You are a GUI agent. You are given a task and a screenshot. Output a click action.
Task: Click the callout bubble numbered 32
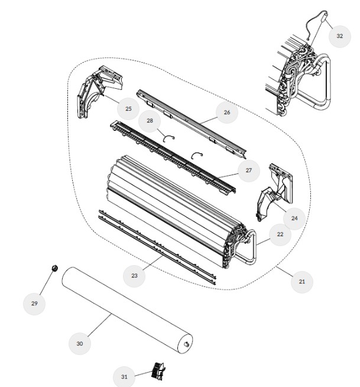click(x=339, y=36)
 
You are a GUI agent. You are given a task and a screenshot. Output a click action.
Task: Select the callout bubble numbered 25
click(x=128, y=109)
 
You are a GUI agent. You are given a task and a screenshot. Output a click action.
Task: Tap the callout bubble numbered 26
click(x=227, y=112)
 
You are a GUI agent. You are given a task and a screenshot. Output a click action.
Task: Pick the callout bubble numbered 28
click(x=150, y=121)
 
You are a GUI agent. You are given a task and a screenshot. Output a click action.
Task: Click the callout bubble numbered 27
click(x=248, y=170)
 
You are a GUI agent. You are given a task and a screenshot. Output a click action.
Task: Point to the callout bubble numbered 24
click(x=294, y=218)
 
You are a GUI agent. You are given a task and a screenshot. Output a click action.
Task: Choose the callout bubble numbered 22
click(x=280, y=234)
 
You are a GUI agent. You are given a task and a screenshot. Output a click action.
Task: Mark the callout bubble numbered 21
click(x=302, y=282)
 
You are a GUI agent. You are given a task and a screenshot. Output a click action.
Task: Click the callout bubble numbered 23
click(x=134, y=276)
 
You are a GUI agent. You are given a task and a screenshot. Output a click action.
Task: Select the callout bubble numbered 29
click(x=34, y=304)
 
